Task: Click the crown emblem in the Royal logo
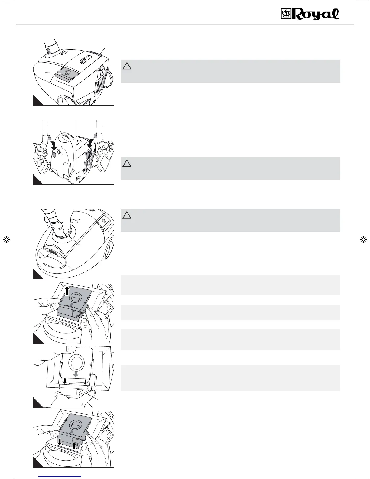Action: (x=285, y=14)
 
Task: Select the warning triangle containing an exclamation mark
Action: (x=127, y=66)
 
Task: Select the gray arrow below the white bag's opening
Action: (x=75, y=374)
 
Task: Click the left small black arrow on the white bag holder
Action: (x=64, y=381)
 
